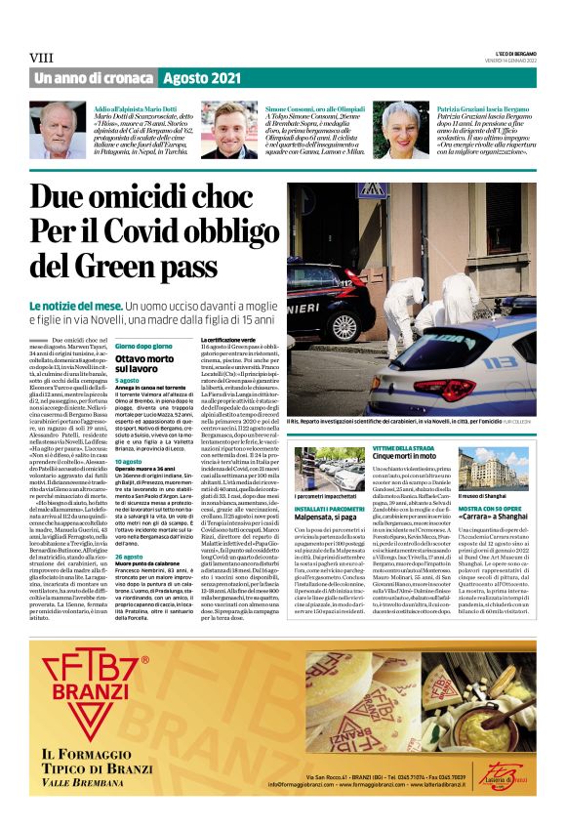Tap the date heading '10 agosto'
[x=127, y=460]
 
